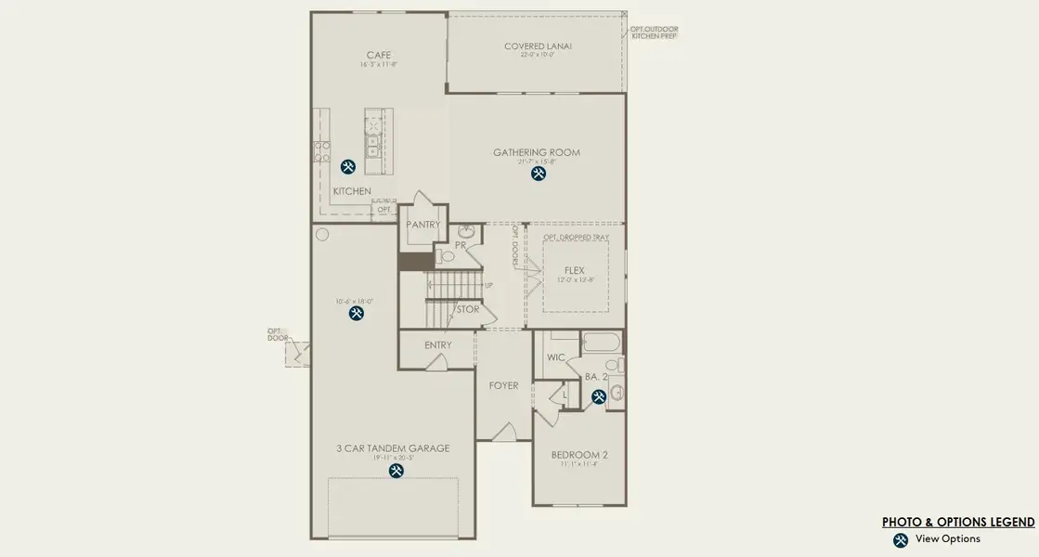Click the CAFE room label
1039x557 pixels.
point(378,55)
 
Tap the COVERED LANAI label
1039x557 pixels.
point(538,45)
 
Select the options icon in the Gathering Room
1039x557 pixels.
point(538,174)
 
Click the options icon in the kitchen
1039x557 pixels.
point(348,167)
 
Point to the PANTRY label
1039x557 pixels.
point(422,225)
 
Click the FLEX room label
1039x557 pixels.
point(574,270)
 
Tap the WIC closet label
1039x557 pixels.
point(556,356)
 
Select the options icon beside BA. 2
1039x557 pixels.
point(599,396)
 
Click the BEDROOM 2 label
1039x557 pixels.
point(578,455)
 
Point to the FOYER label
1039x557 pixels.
point(503,385)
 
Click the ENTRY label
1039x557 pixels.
point(437,345)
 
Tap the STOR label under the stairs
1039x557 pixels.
point(468,309)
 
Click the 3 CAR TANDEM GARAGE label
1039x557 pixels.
point(393,448)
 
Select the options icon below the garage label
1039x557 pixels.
point(396,471)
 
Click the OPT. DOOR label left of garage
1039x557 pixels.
point(278,334)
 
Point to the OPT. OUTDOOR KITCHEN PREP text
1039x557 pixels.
point(654,32)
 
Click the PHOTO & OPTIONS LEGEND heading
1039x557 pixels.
point(957,523)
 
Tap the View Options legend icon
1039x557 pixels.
point(900,540)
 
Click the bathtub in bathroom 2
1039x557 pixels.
point(602,343)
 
